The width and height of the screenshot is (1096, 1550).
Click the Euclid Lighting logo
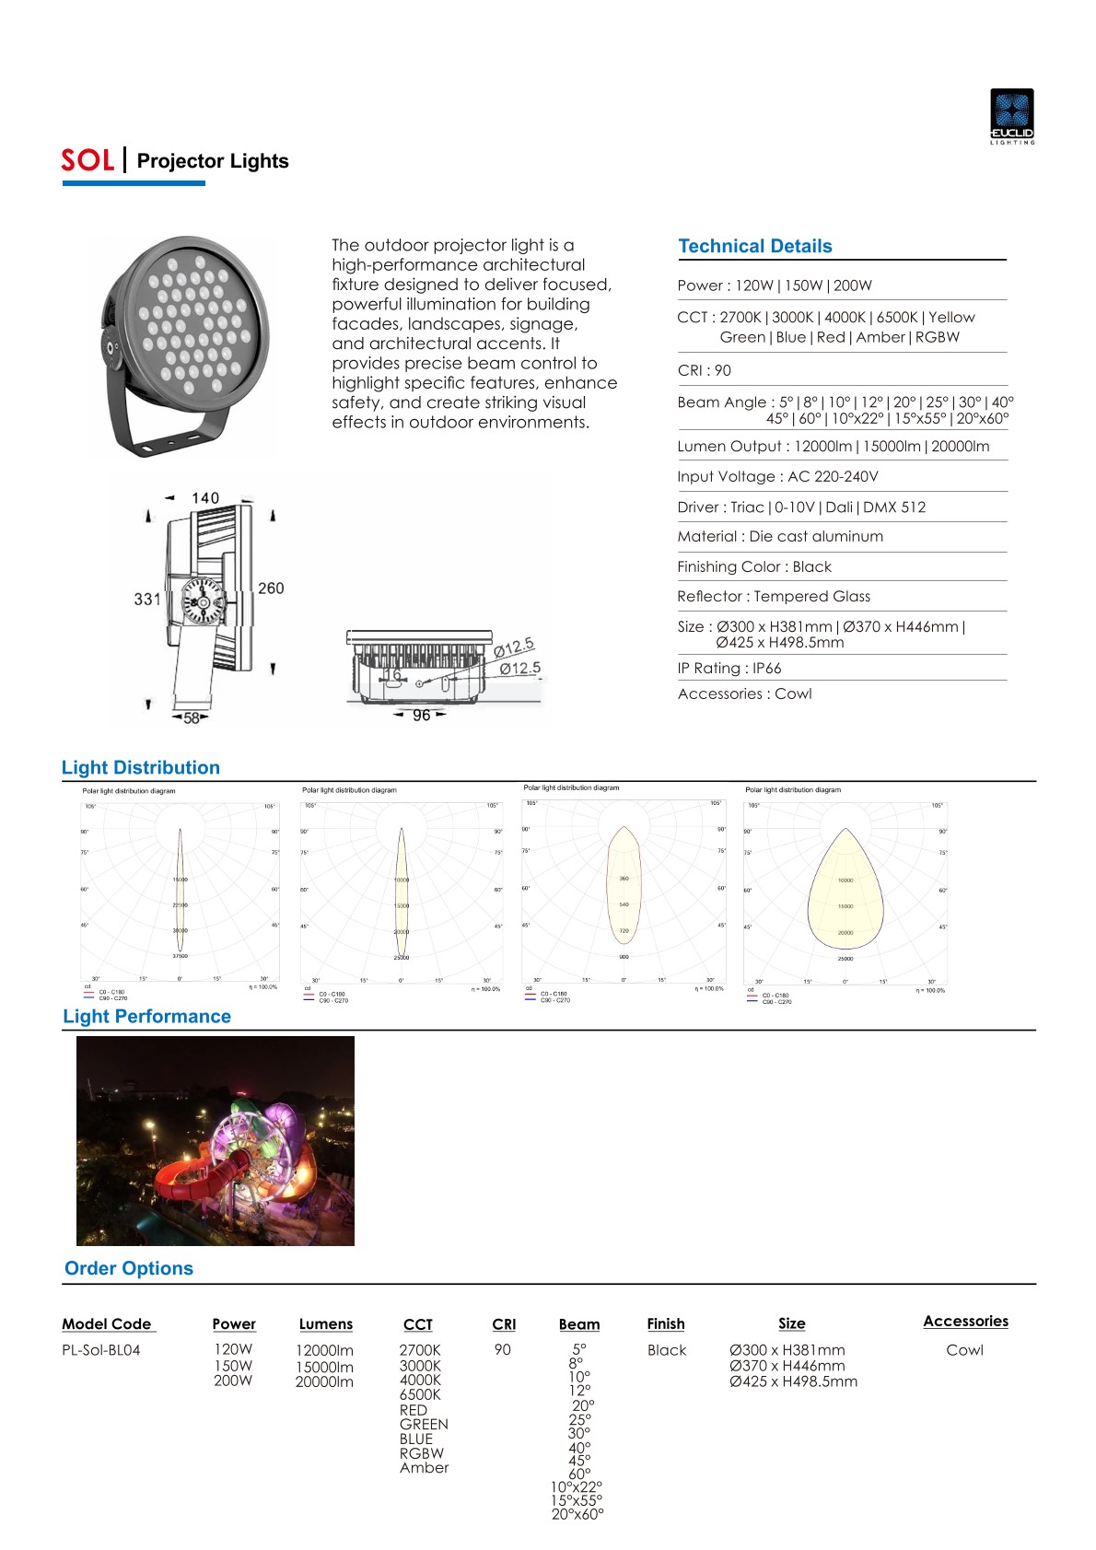point(1011,115)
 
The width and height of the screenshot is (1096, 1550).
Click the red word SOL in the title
point(87,161)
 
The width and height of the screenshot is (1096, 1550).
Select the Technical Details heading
point(754,246)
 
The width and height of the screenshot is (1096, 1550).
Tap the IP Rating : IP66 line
point(729,669)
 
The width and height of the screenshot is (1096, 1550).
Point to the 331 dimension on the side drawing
point(147,599)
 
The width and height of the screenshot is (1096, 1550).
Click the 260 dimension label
point(271,588)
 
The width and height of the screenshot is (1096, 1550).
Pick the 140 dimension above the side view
point(205,498)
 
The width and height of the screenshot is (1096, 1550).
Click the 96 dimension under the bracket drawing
point(421,716)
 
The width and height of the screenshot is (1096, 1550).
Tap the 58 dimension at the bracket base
point(192,717)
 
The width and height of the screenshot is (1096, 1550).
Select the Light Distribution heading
point(141,768)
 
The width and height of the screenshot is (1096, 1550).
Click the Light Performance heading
point(146,1017)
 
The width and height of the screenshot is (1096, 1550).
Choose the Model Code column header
point(107,1324)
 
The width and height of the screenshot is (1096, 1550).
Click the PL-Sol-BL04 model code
point(101,1350)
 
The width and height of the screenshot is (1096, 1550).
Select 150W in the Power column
point(233,1366)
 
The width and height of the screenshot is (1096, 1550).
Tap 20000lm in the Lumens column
point(324,1381)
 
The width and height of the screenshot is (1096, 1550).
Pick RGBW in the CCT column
point(421,1453)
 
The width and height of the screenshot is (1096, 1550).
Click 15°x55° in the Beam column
point(577,1500)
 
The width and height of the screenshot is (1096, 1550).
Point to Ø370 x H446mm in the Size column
point(787,1366)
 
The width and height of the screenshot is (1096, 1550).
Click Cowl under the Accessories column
point(964,1350)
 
